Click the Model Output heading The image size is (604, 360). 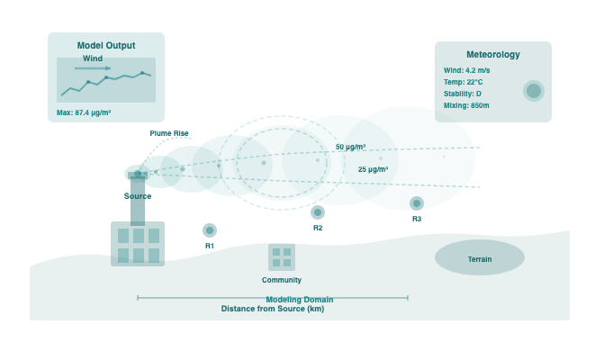click(x=106, y=45)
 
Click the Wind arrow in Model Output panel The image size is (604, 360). click(x=93, y=67)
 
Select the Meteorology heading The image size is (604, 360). click(x=492, y=54)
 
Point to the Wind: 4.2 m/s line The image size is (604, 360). click(x=467, y=70)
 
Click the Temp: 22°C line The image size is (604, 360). click(x=464, y=82)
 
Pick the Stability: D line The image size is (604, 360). click(x=463, y=94)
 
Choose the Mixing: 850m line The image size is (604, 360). click(x=466, y=105)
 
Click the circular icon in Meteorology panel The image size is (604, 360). click(x=534, y=91)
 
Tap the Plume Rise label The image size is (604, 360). click(x=169, y=133)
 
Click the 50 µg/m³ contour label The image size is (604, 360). click(x=350, y=147)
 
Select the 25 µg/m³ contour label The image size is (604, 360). click(x=373, y=169)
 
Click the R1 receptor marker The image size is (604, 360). click(x=210, y=230)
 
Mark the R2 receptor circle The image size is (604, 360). click(x=318, y=212)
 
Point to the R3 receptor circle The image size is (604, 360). click(x=417, y=203)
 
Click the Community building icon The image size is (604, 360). click(x=282, y=257)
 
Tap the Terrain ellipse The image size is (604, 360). click(x=480, y=258)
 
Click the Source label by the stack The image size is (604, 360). click(x=138, y=196)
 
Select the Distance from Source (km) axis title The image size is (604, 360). click(x=273, y=309)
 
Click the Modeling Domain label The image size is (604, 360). click(x=300, y=300)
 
